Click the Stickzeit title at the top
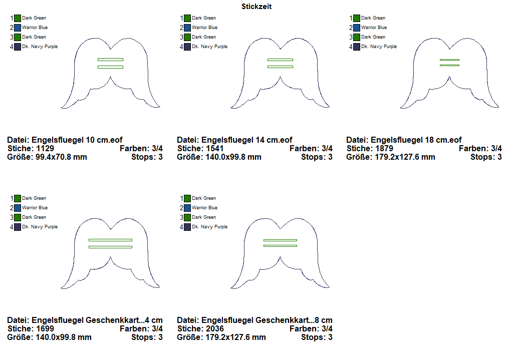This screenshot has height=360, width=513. pyautogui.click(x=256, y=7)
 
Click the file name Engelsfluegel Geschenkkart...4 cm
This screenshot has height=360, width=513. pyautogui.click(x=97, y=320)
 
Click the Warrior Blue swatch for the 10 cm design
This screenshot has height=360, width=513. pyautogui.click(x=18, y=28)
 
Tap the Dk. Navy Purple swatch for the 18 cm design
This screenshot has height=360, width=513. pyautogui.click(x=357, y=47)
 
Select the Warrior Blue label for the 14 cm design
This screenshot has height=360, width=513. pyautogui.click(x=204, y=28)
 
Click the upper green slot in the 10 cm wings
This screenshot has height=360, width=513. pyautogui.click(x=110, y=60)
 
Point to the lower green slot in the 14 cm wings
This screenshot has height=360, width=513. pyautogui.click(x=280, y=67)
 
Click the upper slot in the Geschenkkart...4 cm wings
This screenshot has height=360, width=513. pyautogui.click(x=110, y=240)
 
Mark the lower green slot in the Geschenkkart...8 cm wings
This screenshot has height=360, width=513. pyautogui.click(x=280, y=246)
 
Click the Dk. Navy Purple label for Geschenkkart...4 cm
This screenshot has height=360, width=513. pyautogui.click(x=40, y=227)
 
